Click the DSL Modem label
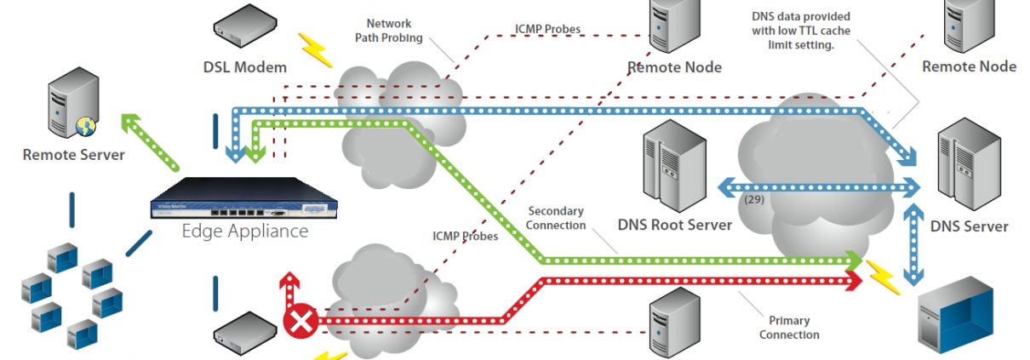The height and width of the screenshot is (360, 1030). [x=244, y=66]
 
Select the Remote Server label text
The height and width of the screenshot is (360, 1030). [x=73, y=155]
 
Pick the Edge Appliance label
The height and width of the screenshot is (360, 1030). [x=245, y=231]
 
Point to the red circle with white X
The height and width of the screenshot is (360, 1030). [x=300, y=322]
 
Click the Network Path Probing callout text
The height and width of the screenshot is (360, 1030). [x=394, y=31]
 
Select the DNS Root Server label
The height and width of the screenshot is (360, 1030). [x=674, y=226]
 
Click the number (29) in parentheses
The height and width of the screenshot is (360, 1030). [x=753, y=200]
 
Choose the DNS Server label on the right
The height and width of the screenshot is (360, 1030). [x=969, y=226]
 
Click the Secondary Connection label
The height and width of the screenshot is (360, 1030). [x=557, y=218]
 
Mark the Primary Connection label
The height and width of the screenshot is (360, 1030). [x=789, y=328]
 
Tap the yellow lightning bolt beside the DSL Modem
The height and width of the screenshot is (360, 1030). [x=316, y=50]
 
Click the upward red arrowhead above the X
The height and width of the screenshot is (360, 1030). [x=289, y=281]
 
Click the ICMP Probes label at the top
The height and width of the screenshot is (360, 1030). [x=549, y=29]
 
